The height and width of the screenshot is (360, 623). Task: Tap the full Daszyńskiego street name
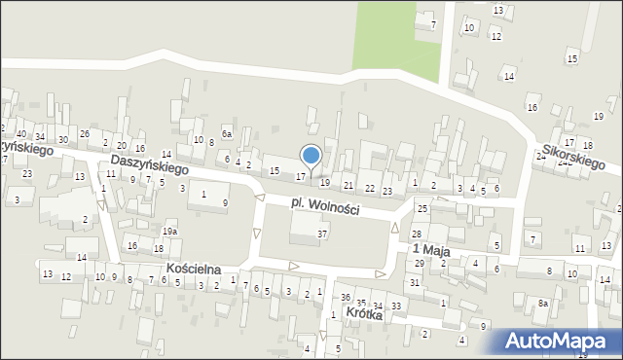149,164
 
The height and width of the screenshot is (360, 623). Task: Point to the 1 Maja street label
428,250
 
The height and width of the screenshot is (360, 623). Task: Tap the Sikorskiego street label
575,159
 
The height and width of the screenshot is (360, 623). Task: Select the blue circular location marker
311,156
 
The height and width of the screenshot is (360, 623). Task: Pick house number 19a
169,232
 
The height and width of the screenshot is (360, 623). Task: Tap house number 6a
227,133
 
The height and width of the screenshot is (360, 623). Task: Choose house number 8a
543,305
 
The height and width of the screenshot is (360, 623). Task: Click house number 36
346,297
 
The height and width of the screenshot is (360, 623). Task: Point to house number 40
21,133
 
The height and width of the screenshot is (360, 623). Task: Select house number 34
40,136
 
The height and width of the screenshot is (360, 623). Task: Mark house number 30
62,140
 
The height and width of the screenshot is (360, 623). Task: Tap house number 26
85,133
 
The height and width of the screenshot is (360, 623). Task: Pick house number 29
419,264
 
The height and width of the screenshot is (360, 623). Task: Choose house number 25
422,209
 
